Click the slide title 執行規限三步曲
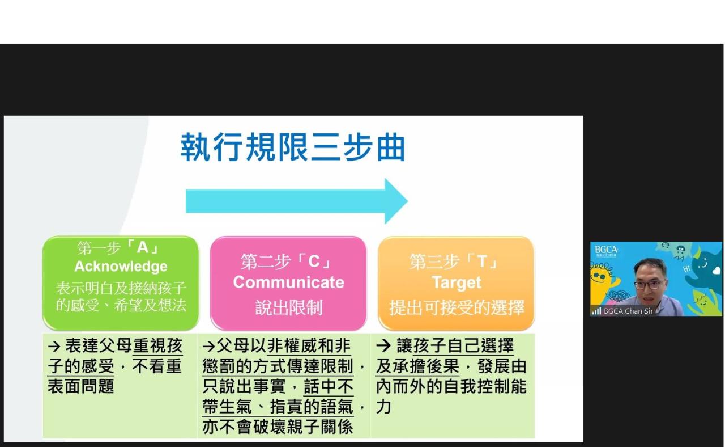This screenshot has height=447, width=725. pyautogui.click(x=293, y=147)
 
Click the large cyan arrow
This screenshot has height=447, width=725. pyautogui.click(x=296, y=201)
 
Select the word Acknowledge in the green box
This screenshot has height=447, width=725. pyautogui.click(x=121, y=267)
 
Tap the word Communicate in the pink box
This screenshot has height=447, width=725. pyautogui.click(x=288, y=282)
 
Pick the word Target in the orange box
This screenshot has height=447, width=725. pyautogui.click(x=457, y=282)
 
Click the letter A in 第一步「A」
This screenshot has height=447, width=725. pyautogui.click(x=142, y=248)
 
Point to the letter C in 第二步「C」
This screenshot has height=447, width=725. pyautogui.click(x=314, y=262)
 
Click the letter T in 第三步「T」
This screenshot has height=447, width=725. pyautogui.click(x=482, y=262)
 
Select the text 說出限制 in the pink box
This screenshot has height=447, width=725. pyautogui.click(x=288, y=307)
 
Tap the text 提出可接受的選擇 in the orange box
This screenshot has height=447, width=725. pyautogui.click(x=457, y=307)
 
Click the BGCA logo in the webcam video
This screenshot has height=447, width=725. pyautogui.click(x=606, y=251)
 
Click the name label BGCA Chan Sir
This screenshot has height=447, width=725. pyautogui.click(x=628, y=311)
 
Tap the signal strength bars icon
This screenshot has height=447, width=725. pyautogui.click(x=596, y=311)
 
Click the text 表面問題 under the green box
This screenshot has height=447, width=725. pyautogui.click(x=81, y=386)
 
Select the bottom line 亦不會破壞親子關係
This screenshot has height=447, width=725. pyautogui.click(x=278, y=427)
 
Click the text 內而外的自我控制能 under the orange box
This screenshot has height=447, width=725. pyautogui.click(x=451, y=386)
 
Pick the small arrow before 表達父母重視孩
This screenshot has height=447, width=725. pyautogui.click(x=54, y=346)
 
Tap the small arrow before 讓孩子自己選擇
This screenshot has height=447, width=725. pyautogui.click(x=383, y=346)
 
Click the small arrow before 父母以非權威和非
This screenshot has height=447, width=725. pyautogui.click(x=209, y=346)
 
